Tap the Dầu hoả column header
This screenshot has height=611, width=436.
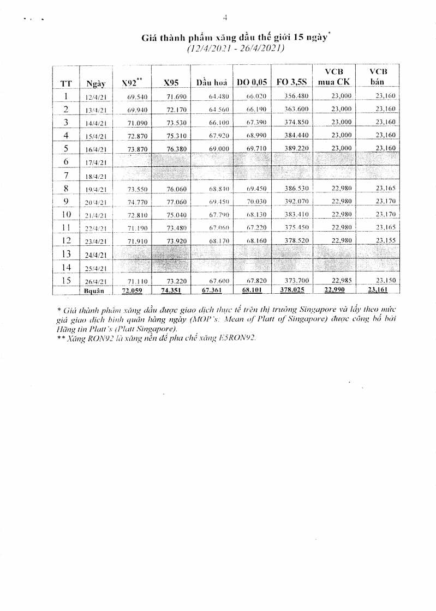tap(211, 83)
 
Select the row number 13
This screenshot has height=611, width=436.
tap(66, 254)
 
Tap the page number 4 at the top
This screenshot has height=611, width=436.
tap(224, 18)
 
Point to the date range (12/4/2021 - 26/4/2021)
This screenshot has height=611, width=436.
tap(235, 49)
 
